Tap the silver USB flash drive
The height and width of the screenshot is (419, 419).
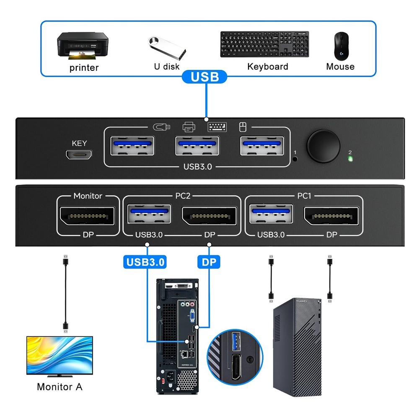click(x=166, y=49)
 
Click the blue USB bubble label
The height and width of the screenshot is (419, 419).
click(x=205, y=77)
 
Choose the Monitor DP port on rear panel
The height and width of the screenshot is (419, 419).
click(x=88, y=216)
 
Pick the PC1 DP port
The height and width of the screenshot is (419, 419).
click(x=331, y=216)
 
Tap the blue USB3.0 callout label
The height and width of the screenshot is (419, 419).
click(x=145, y=262)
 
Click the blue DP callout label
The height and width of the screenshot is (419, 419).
click(x=209, y=262)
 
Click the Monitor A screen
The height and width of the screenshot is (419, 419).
click(x=59, y=354)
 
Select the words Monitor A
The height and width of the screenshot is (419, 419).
click(x=59, y=387)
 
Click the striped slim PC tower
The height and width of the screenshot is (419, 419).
click(x=297, y=348)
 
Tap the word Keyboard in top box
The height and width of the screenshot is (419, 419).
click(x=268, y=67)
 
